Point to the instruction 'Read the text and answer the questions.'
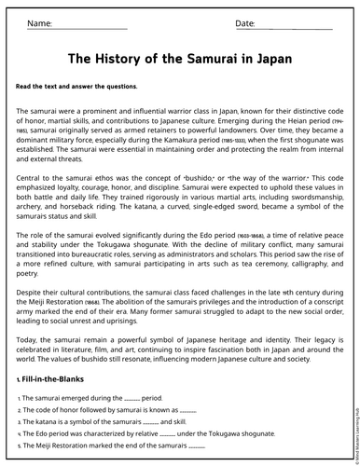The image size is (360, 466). coord(76,86)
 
